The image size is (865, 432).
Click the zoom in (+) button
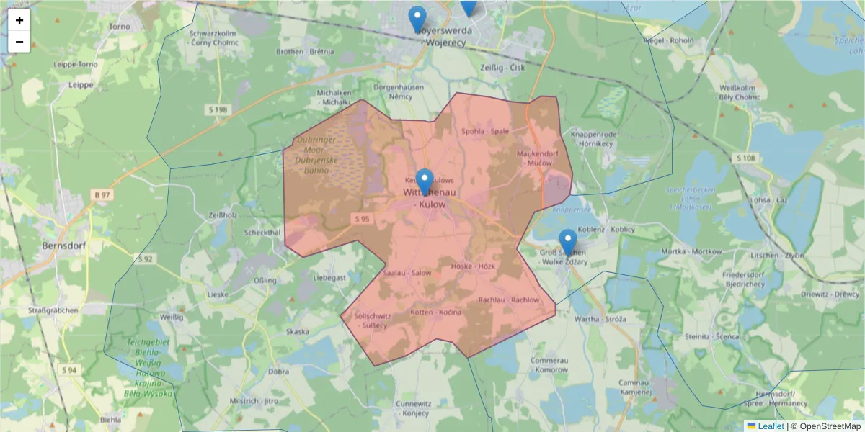coord(19,20)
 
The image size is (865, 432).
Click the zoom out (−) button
coord(19,42)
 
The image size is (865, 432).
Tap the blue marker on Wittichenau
coord(425,181)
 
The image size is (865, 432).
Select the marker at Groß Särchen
coord(568,243)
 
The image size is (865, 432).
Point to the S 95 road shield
coord(362,219)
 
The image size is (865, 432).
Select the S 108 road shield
coord(745,158)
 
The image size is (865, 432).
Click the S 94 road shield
coord(69,370)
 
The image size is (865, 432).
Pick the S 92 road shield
coord(146,258)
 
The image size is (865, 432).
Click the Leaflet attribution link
coord(769,426)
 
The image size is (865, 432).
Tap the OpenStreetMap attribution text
coord(830,426)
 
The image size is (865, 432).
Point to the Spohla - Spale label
coord(485,131)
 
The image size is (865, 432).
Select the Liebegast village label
coord(330,277)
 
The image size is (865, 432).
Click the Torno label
coord(119,27)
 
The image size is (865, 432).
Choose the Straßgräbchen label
coord(51,310)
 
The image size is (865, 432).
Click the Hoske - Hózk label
coord(472,266)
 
